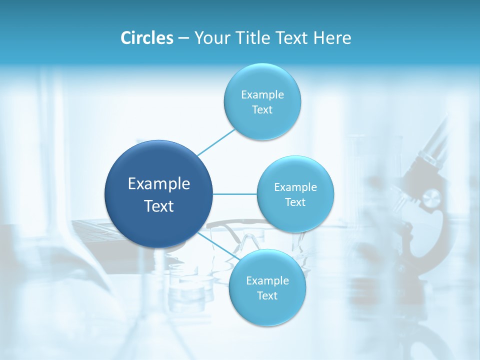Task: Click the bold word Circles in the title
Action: tap(146, 38)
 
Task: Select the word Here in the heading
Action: tap(332, 38)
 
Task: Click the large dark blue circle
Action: tap(158, 194)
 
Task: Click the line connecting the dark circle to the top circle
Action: tap(216, 141)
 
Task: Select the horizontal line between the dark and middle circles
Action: tap(235, 194)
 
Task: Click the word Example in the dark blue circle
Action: tap(158, 184)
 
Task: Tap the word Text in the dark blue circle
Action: tap(158, 206)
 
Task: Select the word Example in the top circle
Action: tap(262, 95)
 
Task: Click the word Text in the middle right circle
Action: tap(295, 202)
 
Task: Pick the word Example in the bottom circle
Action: tap(267, 280)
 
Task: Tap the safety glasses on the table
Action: tap(240, 235)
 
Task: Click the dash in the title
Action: tap(183, 38)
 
